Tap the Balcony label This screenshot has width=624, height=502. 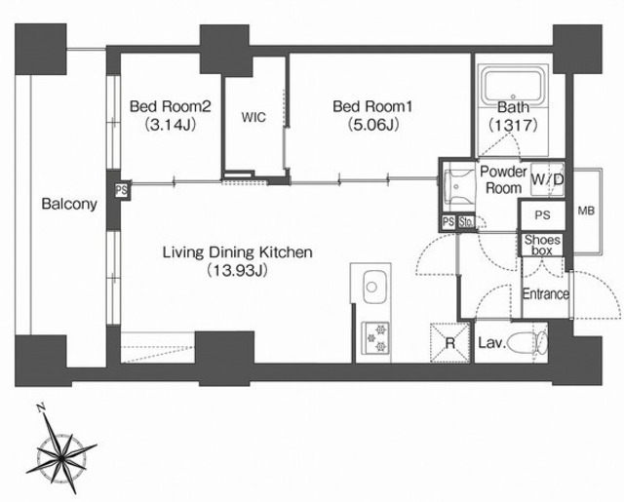coord(69,204)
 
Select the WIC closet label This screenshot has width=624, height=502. coord(253,117)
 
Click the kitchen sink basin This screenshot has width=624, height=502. coord(371,287)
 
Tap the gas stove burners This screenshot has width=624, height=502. coord(375,338)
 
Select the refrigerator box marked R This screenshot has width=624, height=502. coord(450,342)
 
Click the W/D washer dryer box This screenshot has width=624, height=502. coord(548,179)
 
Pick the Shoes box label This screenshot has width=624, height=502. coord(542,245)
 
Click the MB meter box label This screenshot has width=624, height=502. coord(586,211)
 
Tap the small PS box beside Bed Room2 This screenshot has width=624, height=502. coord(121,190)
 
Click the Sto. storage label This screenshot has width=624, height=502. coord(466,221)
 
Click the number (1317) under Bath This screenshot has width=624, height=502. coord(513,126)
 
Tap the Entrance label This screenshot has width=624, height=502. coord(546,294)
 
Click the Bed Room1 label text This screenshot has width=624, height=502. coord(372,106)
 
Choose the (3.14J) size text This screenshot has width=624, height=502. coord(170,125)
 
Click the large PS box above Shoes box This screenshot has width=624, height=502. coord(542,215)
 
